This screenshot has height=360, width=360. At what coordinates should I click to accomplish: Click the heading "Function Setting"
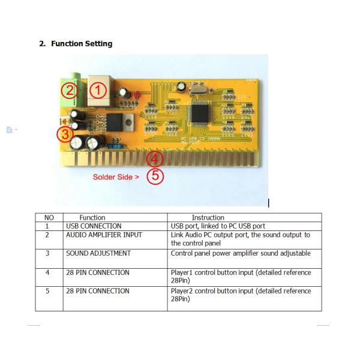(x=82, y=44)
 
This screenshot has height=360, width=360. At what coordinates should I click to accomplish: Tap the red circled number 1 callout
(x=98, y=90)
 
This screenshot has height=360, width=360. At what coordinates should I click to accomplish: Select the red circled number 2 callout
(x=70, y=90)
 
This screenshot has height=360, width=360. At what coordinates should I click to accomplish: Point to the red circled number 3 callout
(x=65, y=134)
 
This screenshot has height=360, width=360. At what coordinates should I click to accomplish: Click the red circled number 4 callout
(x=155, y=158)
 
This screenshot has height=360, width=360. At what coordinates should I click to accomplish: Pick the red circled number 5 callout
(x=155, y=176)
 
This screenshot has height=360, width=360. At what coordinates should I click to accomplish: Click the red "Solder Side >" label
(x=116, y=177)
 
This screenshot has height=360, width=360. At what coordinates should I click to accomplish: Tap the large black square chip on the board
(x=200, y=112)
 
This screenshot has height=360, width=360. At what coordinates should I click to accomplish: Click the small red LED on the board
(x=137, y=95)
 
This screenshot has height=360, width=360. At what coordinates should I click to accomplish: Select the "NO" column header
(x=49, y=218)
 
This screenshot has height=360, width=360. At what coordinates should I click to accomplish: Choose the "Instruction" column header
(x=208, y=218)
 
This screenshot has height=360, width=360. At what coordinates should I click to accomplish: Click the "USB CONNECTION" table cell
(x=94, y=226)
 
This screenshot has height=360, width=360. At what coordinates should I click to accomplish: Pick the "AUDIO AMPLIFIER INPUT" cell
(x=104, y=235)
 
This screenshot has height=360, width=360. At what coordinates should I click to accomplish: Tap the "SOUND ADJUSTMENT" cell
(x=98, y=253)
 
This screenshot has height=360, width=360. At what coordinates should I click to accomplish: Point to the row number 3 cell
(x=47, y=253)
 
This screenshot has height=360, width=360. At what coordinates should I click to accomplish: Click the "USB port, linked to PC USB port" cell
(x=218, y=226)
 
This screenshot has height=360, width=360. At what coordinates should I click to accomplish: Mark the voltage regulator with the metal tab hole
(x=120, y=122)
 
